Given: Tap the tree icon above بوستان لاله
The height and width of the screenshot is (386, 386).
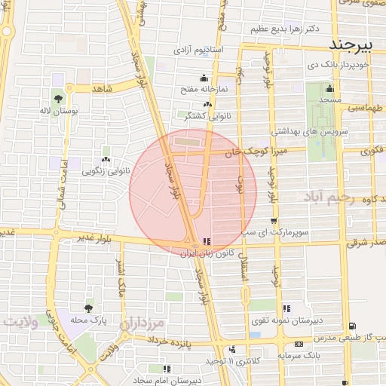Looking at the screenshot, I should pos(59,98).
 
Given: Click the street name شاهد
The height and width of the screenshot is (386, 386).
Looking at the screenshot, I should pos(102,89).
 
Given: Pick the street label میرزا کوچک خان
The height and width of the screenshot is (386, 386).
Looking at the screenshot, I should pos(253,152).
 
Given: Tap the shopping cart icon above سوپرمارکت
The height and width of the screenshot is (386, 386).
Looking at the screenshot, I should pos(273,221).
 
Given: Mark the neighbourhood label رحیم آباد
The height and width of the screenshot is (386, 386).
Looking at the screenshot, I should pos(326,197).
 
